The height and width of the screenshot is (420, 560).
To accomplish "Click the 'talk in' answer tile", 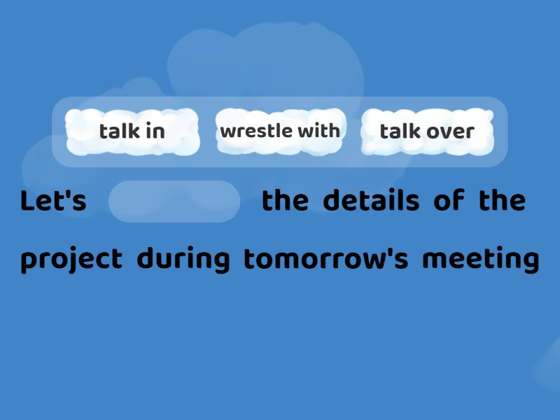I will pyautogui.click(x=132, y=132).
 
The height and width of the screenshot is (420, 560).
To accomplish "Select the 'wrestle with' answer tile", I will pyautogui.click(x=279, y=131).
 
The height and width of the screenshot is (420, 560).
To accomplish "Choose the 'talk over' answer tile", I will pyautogui.click(x=426, y=132).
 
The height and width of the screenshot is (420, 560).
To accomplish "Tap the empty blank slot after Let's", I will pyautogui.click(x=174, y=202).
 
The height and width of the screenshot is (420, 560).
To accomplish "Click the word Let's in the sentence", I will pyautogui.click(x=53, y=202).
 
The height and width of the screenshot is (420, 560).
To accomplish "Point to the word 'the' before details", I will pyautogui.click(x=284, y=202).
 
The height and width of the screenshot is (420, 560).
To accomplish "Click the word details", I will pyautogui.click(x=370, y=202).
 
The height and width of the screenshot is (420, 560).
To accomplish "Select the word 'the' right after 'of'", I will pyautogui.click(x=501, y=202).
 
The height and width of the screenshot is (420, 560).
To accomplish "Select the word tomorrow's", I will pyautogui.click(x=325, y=260).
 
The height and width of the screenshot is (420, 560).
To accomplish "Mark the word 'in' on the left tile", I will pyautogui.click(x=156, y=132).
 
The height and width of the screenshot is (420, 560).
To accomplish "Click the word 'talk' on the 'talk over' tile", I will pyautogui.click(x=399, y=132).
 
